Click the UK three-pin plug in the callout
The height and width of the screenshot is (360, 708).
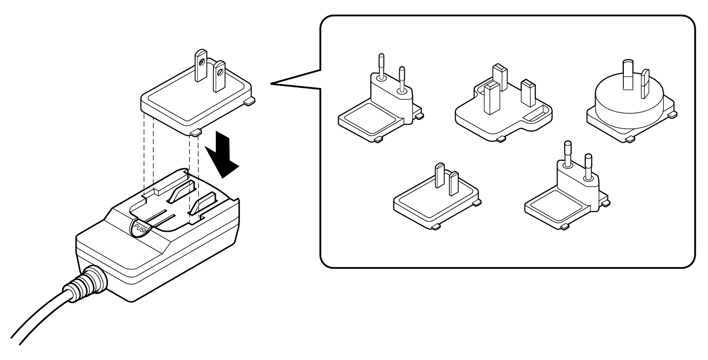[x=503, y=108]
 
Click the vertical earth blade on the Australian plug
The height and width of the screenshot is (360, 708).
[x=627, y=75]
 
